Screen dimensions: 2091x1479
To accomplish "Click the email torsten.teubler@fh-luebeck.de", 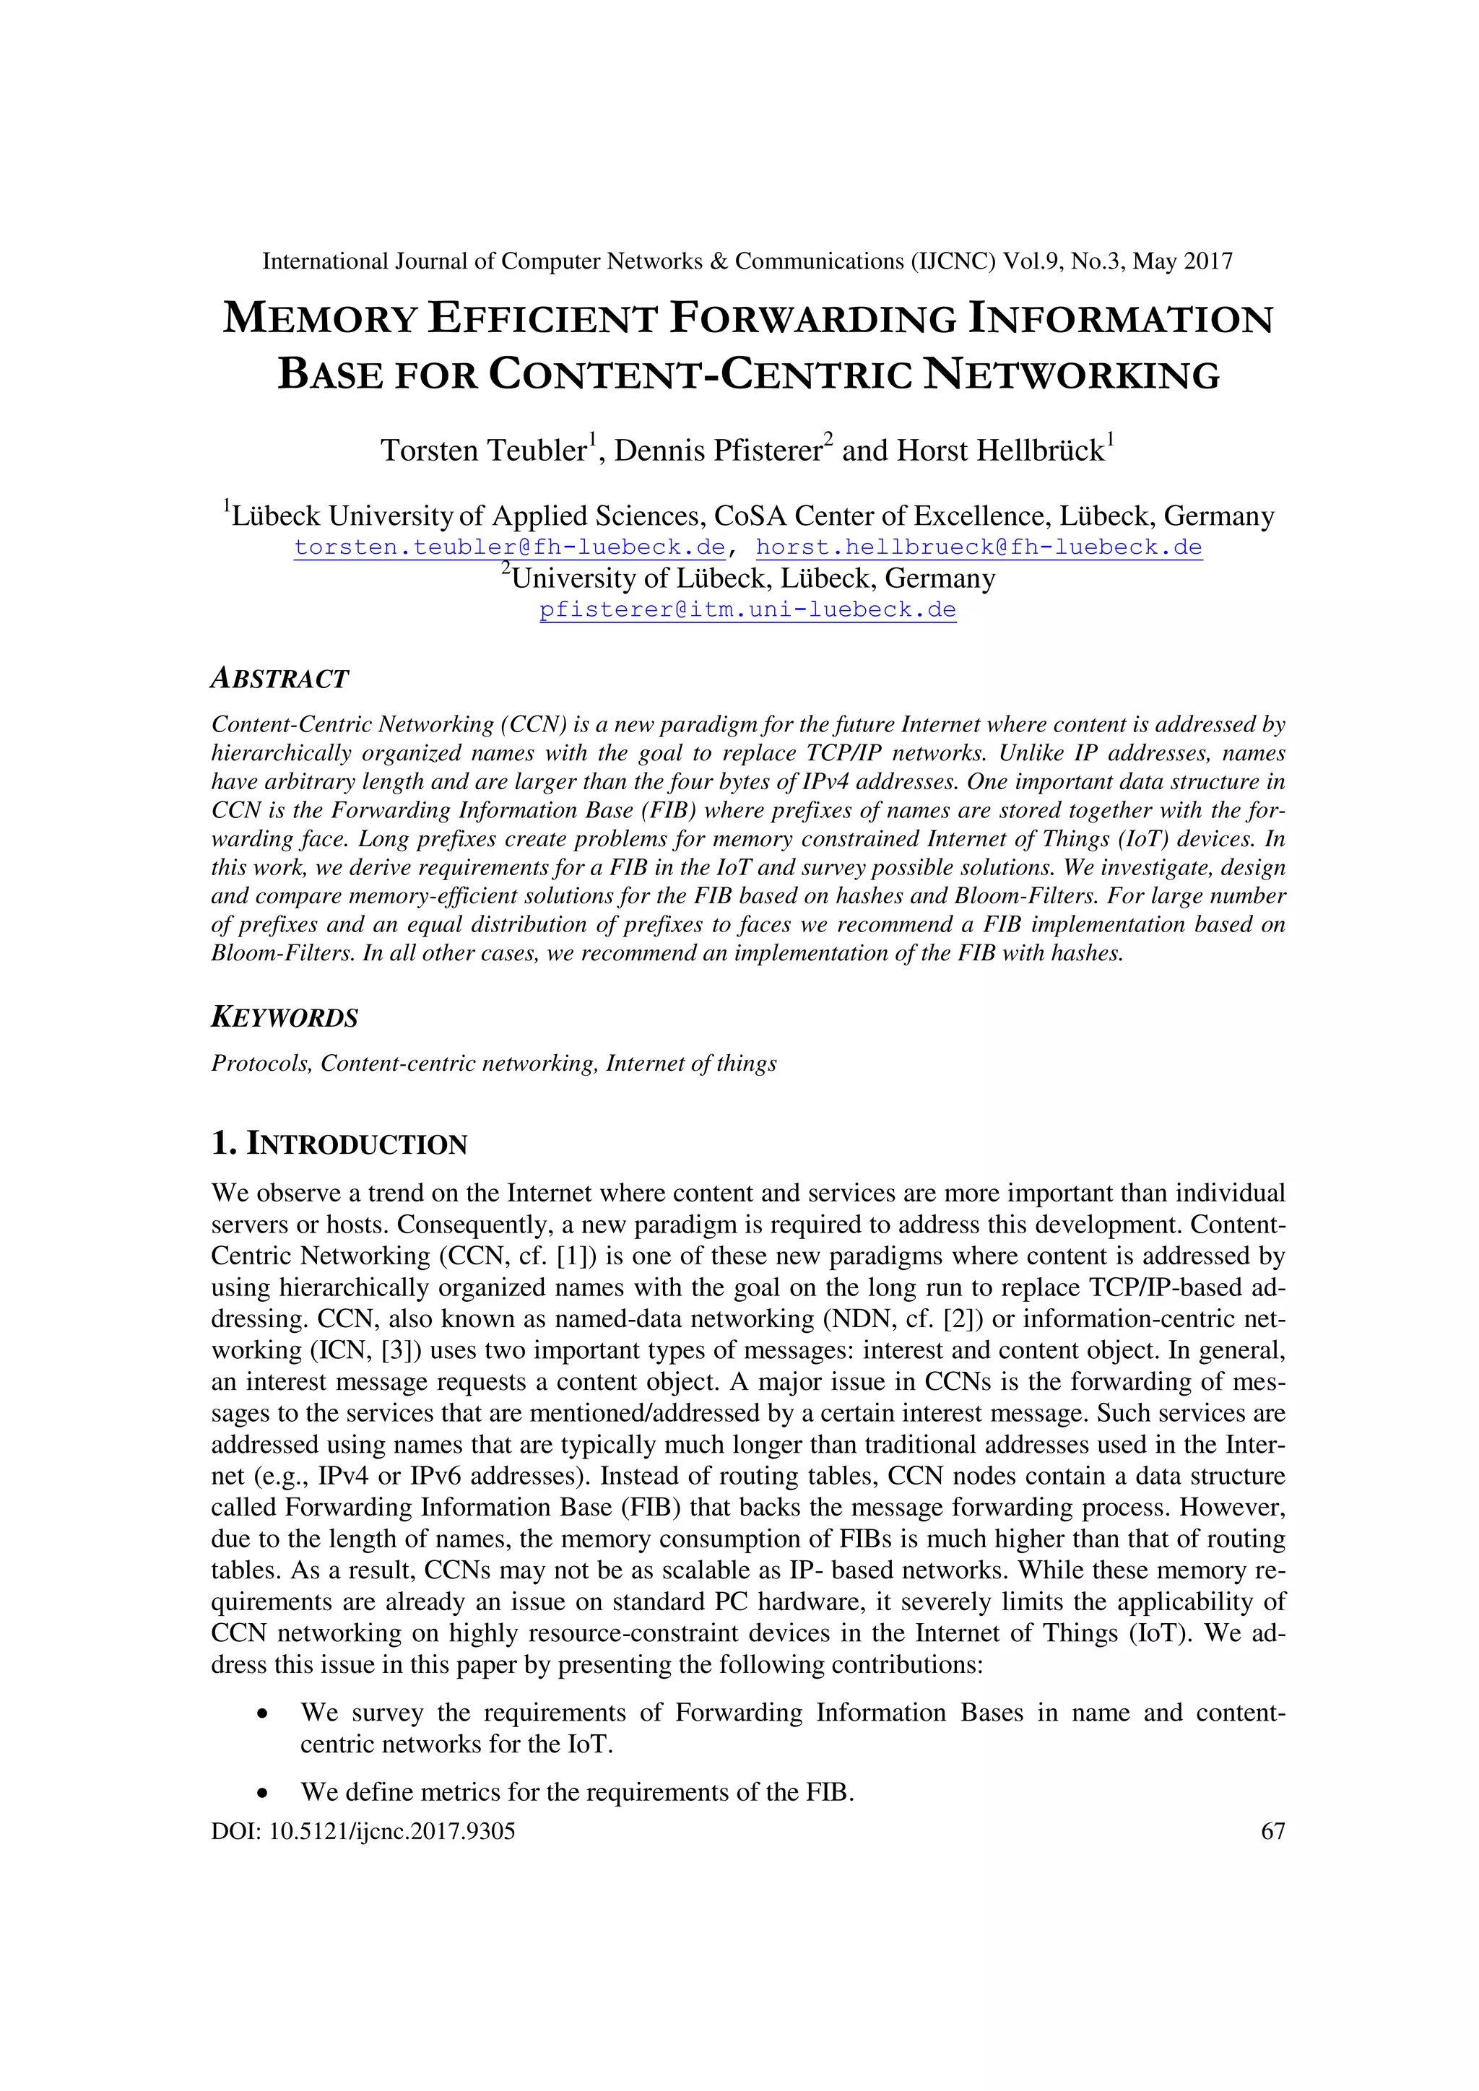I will pos(509,547).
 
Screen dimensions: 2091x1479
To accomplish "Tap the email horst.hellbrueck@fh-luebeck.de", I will pos(979,547).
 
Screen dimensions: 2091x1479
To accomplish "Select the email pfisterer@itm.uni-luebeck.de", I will pos(747,609).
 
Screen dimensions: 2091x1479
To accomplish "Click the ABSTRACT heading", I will pos(279,679).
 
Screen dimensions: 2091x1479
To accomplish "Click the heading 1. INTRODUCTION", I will pos(339,1144).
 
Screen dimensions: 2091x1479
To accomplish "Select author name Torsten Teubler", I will pos(482,451).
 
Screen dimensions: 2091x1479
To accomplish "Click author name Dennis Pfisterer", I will pos(718,451).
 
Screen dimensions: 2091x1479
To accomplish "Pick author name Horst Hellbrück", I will pos(1000,451).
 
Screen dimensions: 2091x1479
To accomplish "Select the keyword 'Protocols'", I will pos(261,1063).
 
